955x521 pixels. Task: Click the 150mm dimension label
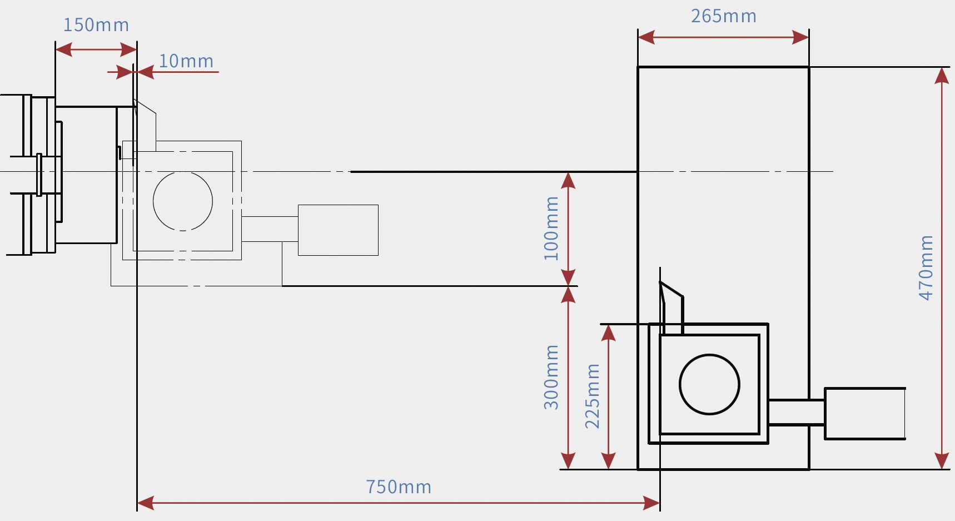click(96, 25)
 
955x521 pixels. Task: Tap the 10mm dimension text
click(186, 61)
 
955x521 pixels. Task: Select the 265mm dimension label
click(723, 16)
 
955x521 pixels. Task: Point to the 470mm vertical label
click(926, 267)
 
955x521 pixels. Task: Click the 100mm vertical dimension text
click(551, 228)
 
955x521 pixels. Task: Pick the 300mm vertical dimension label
click(551, 377)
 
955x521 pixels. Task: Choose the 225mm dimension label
click(593, 395)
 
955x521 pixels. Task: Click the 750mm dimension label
click(398, 487)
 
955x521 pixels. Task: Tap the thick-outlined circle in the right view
click(709, 384)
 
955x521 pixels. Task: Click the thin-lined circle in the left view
click(183, 201)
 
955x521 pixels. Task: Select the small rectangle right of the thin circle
click(338, 230)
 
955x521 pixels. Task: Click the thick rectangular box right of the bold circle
click(865, 414)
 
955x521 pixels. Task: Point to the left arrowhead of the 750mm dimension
click(145, 503)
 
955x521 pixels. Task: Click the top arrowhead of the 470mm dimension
click(942, 75)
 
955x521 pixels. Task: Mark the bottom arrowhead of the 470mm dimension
click(942, 462)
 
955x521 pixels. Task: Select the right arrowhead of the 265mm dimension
click(801, 37)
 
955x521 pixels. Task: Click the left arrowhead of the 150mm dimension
click(63, 50)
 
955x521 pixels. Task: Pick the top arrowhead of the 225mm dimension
click(609, 333)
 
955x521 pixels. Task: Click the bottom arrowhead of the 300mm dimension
click(568, 462)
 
